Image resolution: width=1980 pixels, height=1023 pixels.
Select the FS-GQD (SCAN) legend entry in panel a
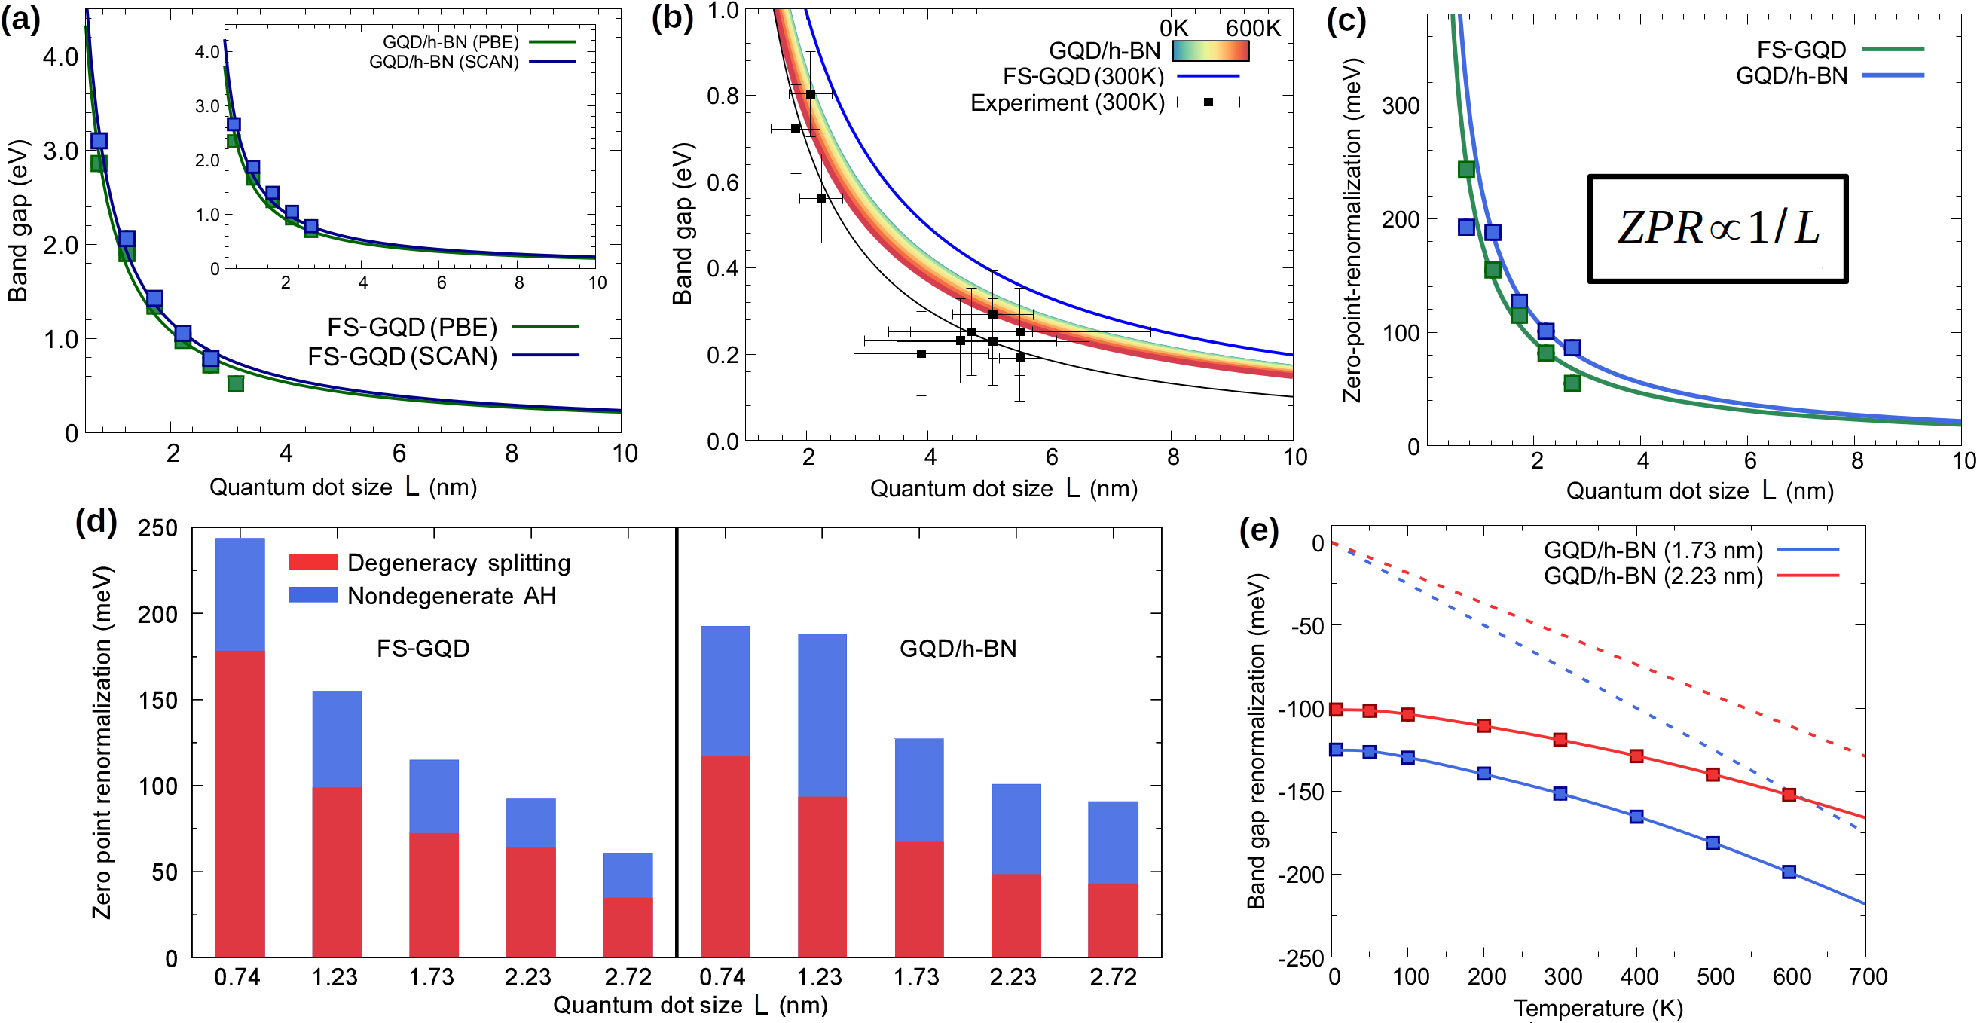[442, 356]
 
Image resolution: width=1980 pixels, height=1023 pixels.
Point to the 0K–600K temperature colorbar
[1210, 50]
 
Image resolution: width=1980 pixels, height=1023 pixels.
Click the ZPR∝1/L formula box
[1717, 229]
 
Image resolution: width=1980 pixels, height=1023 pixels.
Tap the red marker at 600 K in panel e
[1789, 795]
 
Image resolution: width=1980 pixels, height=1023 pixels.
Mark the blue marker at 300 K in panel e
[1560, 793]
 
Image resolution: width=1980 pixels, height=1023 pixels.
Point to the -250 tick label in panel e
[1300, 958]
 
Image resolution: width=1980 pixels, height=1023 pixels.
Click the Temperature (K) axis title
[1598, 1008]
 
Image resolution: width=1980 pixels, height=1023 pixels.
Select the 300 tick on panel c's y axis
[1401, 105]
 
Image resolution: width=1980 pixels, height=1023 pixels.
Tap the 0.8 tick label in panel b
[722, 96]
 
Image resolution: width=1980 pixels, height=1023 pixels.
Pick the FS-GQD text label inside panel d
[423, 649]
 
